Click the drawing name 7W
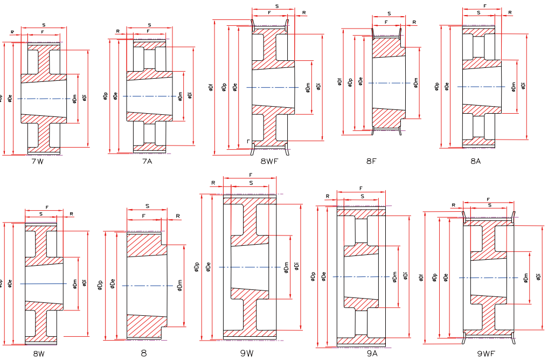tap(37, 162)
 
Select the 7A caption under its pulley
tap(147, 161)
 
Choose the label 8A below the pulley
tap(475, 161)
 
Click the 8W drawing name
tap(38, 354)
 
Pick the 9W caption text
tap(247, 354)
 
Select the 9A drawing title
tap(372, 354)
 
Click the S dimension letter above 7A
tap(149, 25)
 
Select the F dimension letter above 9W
tap(251, 175)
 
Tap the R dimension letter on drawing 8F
tap(414, 22)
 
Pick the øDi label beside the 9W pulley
tap(296, 266)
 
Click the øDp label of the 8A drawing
tap(436, 86)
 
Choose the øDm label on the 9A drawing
tap(395, 276)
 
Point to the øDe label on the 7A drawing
tap(115, 96)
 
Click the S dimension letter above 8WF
tap(276, 6)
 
